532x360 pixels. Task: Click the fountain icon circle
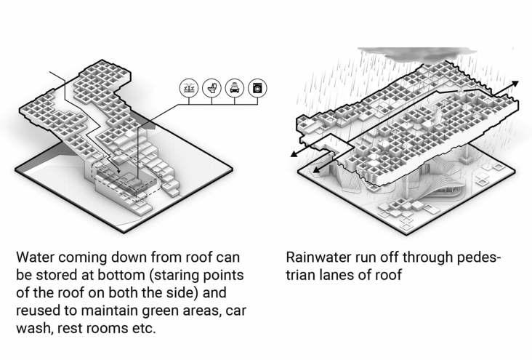189,88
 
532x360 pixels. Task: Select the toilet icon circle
211,88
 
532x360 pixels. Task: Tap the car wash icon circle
233,88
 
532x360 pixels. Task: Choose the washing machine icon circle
256,88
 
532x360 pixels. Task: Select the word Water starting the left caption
36,258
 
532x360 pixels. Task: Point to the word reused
40,311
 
